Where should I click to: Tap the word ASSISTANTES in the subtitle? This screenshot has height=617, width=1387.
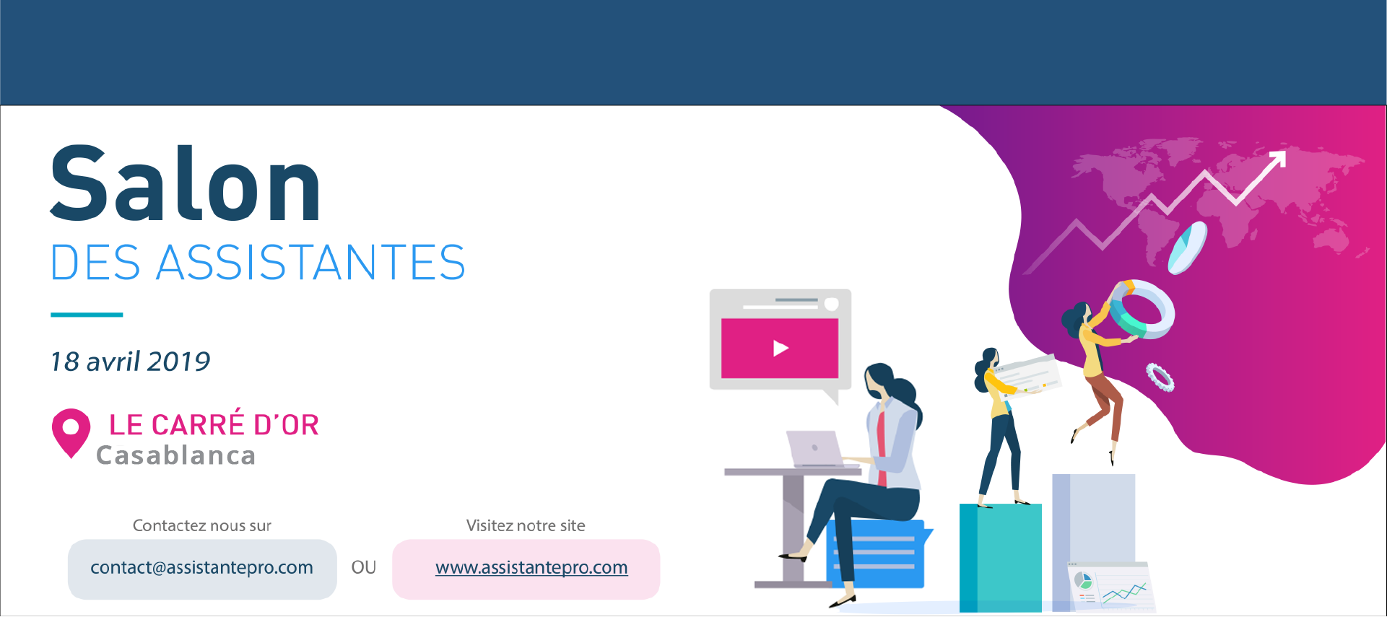[311, 262]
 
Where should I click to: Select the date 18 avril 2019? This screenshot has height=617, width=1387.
[130, 361]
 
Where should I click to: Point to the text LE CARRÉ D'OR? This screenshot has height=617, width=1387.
[214, 424]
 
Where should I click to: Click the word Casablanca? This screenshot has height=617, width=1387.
[176, 455]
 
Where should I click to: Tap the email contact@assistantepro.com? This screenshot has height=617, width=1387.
[201, 568]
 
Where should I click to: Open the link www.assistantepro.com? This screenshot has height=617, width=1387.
[531, 568]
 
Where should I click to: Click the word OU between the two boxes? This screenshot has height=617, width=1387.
[364, 567]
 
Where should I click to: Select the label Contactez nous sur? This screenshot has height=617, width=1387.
[202, 525]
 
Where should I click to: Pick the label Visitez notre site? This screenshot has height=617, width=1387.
[526, 525]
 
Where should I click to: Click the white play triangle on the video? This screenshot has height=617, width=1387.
[781, 349]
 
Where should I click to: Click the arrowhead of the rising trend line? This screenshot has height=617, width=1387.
[1278, 159]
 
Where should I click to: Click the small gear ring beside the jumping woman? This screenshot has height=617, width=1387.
[1160, 378]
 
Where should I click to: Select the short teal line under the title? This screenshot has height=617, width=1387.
[87, 315]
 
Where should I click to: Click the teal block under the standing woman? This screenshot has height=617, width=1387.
[1001, 557]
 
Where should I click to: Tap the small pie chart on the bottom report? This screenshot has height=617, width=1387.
[1083, 581]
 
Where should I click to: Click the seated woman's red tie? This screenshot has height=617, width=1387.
[882, 447]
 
